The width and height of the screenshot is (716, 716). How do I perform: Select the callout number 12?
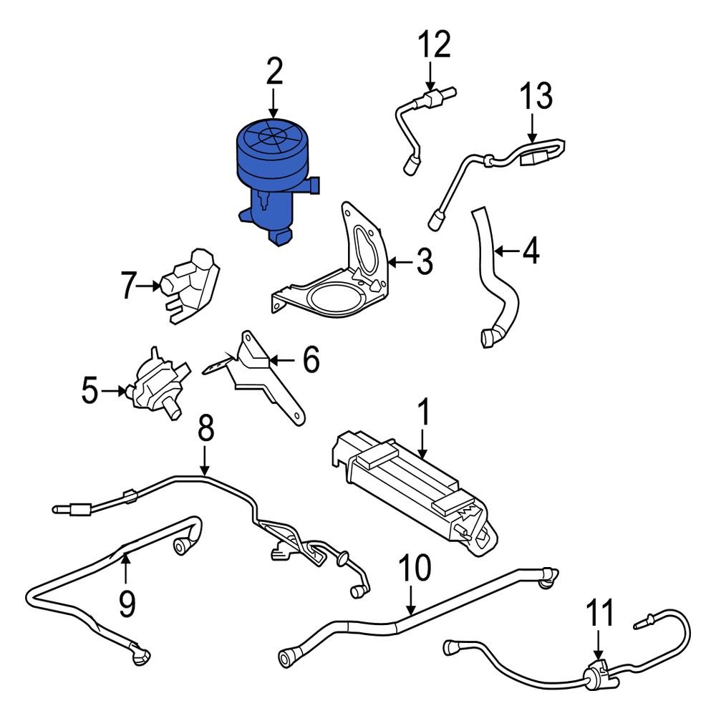tap(435, 44)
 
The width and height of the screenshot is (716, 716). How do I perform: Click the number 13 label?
tap(536, 97)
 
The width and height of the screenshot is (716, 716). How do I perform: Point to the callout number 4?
tap(531, 251)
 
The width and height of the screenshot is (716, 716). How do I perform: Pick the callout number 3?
tap(425, 263)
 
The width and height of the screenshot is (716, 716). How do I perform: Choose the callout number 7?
tap(128, 286)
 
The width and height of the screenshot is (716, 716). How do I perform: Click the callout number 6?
tap(310, 360)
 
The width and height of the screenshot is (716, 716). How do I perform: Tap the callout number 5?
tap(89, 391)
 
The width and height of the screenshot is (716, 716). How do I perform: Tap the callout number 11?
tap(600, 613)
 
